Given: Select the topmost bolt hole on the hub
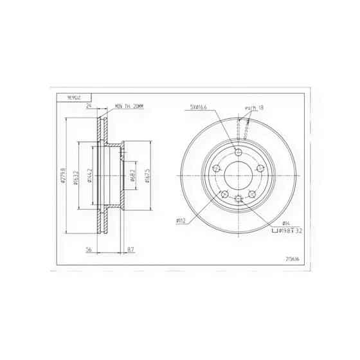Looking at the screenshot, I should tap(239, 152).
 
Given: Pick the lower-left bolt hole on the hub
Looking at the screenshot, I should tap(224, 195).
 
